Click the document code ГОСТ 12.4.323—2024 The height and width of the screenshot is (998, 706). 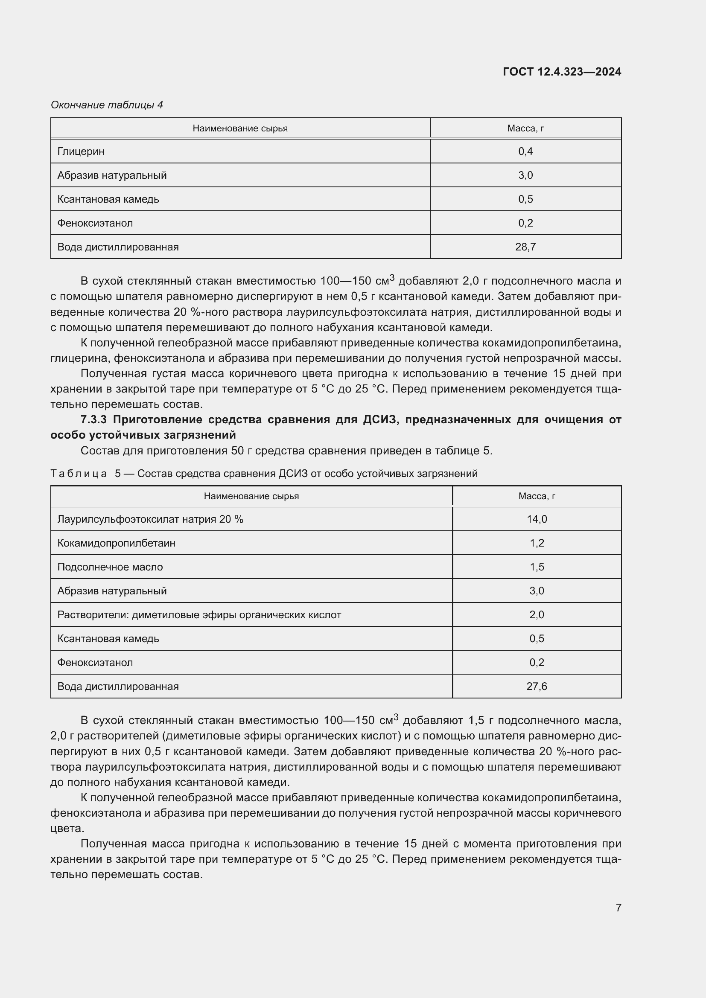click(562, 72)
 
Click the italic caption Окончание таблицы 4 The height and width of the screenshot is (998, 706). click(107, 105)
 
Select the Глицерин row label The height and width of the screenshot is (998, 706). click(81, 151)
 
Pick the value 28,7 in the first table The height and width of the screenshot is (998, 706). click(525, 247)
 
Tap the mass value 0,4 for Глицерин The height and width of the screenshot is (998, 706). click(525, 151)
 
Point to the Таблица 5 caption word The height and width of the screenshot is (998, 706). click(79, 473)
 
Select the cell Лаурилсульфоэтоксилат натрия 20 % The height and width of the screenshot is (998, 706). click(150, 519)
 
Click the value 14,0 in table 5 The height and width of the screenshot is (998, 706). click(537, 519)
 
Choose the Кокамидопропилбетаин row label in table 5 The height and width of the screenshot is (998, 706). click(117, 543)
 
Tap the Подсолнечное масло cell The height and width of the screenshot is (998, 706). click(110, 567)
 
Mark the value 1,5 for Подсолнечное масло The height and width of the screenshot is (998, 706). click(537, 567)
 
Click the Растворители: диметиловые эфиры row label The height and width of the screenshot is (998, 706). click(199, 614)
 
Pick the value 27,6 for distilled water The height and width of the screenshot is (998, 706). click(537, 687)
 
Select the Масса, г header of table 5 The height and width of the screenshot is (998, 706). click(537, 496)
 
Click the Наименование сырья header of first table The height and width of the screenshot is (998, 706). click(240, 128)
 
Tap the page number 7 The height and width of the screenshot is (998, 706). click(618, 908)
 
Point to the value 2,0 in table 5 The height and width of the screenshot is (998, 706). click(537, 614)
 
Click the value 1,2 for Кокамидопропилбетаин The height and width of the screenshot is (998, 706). click(537, 543)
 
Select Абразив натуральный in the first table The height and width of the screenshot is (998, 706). click(112, 175)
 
